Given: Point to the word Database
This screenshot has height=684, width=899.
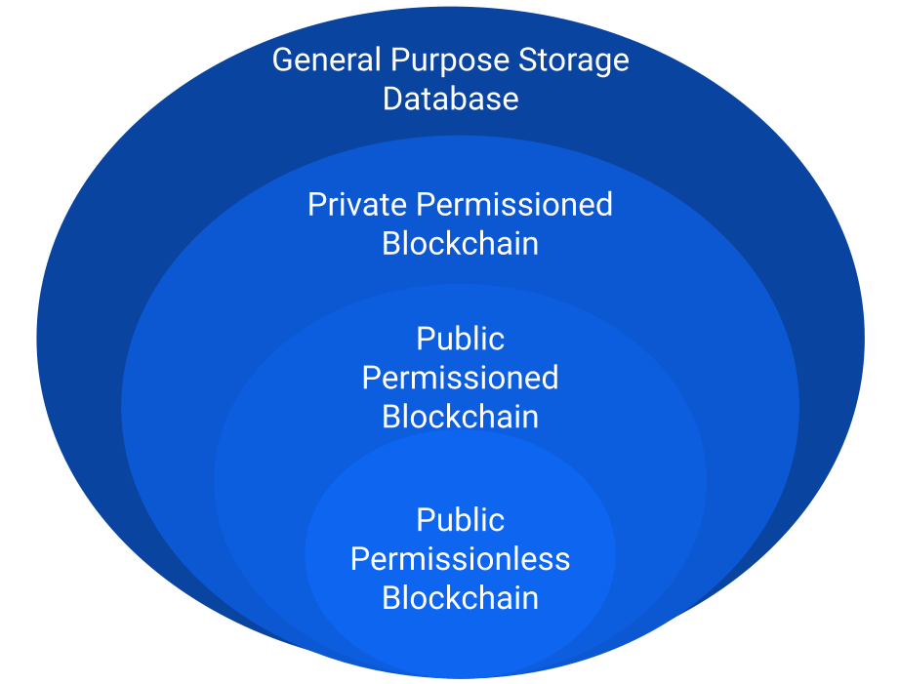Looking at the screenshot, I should click(450, 100).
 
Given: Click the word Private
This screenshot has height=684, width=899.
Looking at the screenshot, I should click(358, 205).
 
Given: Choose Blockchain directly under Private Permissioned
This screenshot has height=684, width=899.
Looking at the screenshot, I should click(460, 244).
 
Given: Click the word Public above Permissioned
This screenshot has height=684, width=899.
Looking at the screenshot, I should click(460, 340).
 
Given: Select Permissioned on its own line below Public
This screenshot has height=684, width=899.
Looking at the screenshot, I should click(460, 379).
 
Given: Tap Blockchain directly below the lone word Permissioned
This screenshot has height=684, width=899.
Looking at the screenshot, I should click(460, 418).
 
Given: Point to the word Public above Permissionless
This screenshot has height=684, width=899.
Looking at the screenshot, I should click(460, 520).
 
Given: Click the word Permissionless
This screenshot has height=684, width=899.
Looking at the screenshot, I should click(460, 559).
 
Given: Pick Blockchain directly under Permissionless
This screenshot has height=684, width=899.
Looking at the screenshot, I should click(460, 598).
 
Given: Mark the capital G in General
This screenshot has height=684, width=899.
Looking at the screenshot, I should click(283, 60).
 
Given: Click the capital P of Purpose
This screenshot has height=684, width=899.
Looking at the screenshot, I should click(399, 60).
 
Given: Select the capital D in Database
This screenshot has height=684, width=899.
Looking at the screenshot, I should click(392, 100).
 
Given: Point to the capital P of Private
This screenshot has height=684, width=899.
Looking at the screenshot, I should click(316, 205).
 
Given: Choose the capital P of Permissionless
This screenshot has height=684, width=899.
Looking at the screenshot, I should click(359, 559).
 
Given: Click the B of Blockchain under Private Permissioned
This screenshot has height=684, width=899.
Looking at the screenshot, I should click(390, 244).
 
